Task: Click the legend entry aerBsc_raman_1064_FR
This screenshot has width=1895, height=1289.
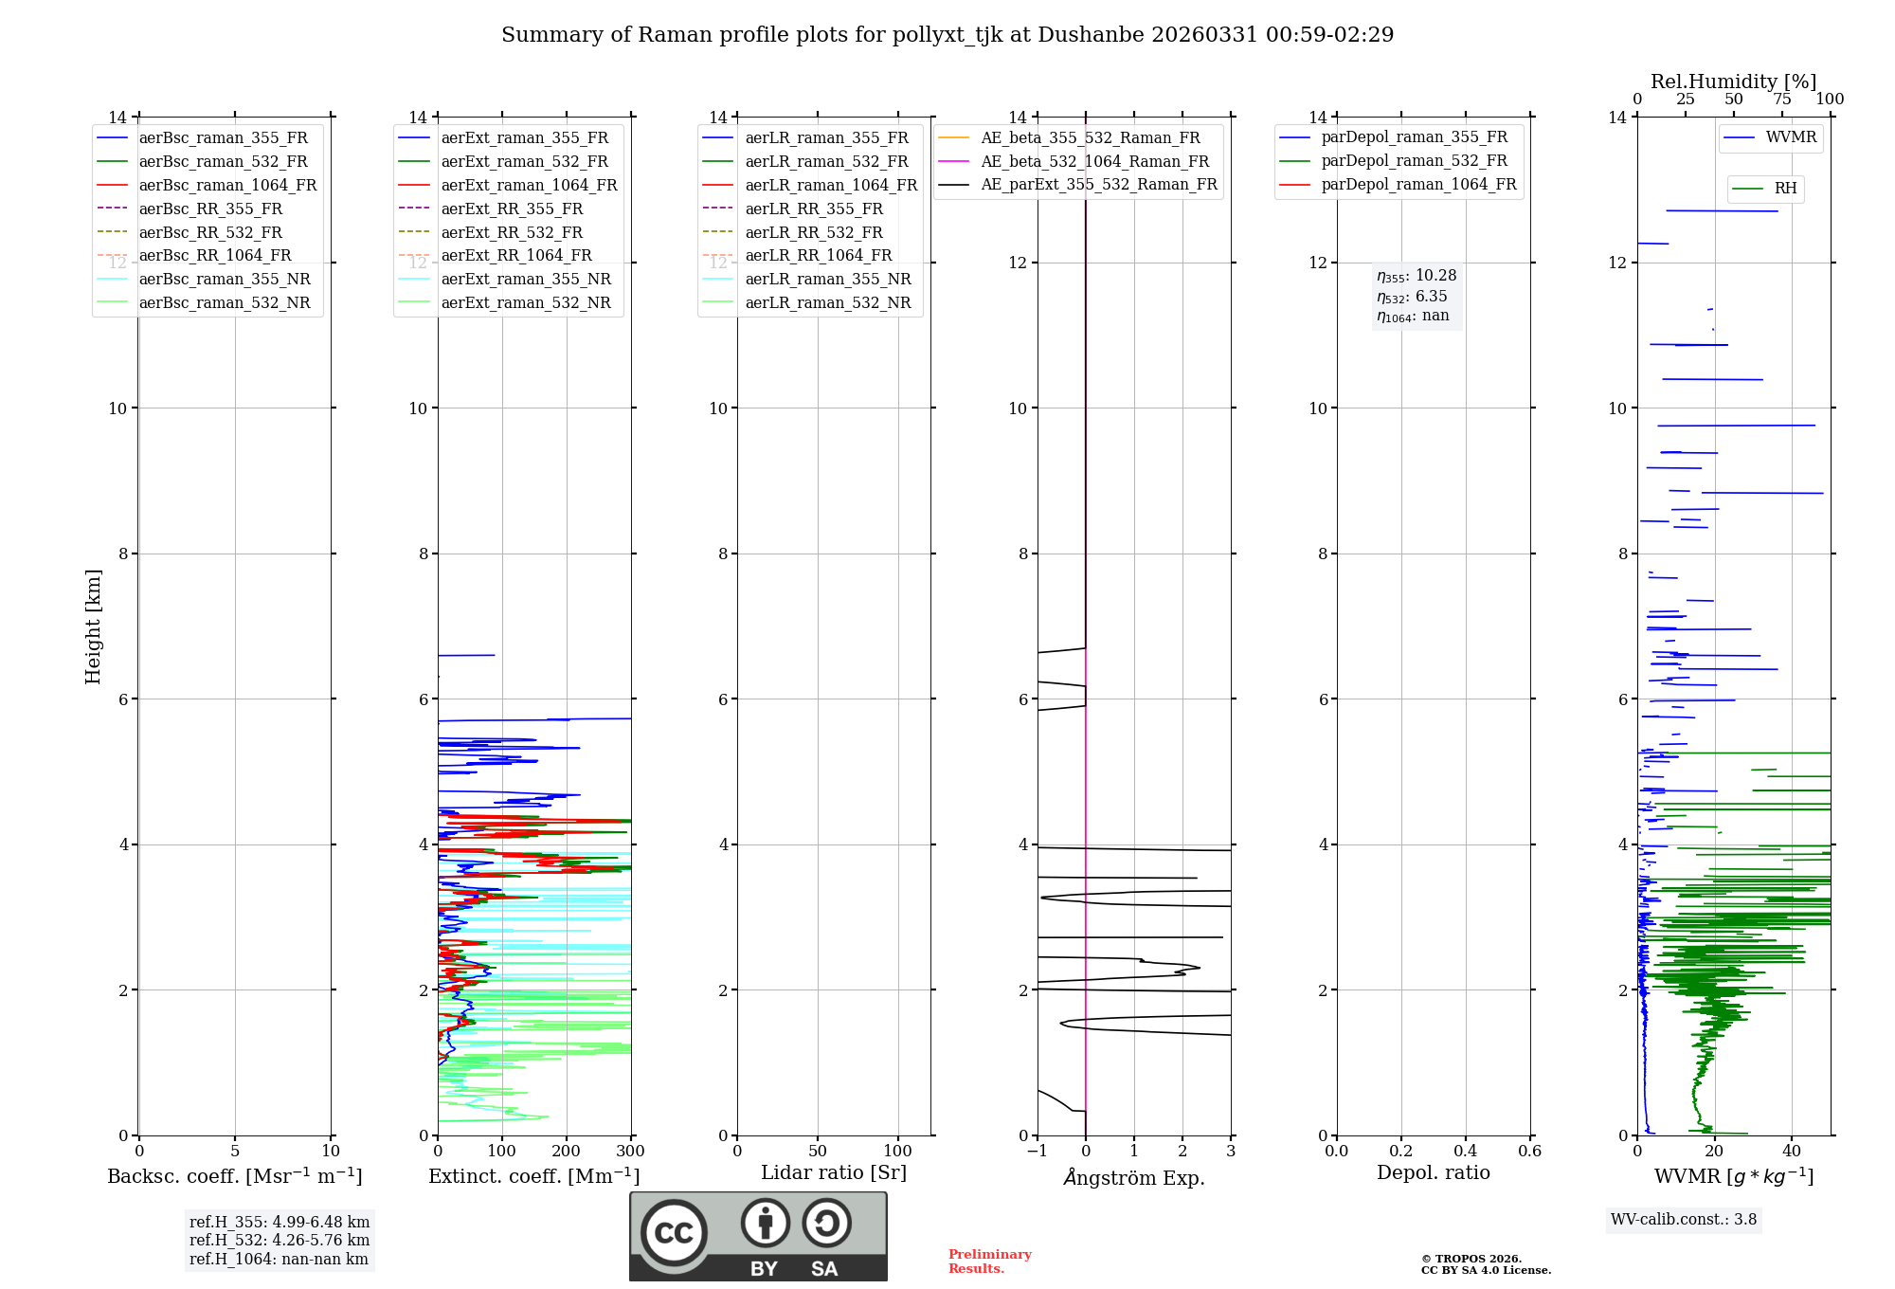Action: point(227,186)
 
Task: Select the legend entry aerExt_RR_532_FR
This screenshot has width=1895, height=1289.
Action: point(512,232)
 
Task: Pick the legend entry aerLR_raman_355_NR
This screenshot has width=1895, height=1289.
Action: point(827,279)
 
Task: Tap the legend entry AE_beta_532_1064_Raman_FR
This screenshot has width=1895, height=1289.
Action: point(1094,161)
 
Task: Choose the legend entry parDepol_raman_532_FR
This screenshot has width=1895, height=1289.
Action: point(1414,161)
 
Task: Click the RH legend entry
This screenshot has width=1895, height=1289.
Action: point(1785,189)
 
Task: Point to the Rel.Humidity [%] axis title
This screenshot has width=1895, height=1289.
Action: point(1733,82)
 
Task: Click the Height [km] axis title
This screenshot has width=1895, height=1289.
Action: point(93,626)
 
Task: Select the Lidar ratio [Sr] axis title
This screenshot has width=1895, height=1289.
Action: point(834,1172)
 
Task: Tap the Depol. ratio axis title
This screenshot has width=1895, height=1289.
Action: point(1433,1172)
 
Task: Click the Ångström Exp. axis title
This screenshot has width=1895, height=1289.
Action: point(1134,1177)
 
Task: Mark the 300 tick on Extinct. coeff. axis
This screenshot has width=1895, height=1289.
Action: point(630,1152)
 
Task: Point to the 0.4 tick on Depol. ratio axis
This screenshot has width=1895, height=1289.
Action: point(1465,1152)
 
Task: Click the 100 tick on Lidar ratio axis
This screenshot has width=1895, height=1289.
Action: point(898,1152)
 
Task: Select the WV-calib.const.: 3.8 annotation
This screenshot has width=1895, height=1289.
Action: point(1684,1220)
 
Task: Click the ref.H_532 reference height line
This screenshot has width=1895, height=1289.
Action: point(280,1240)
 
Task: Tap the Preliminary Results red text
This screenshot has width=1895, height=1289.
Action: point(989,1262)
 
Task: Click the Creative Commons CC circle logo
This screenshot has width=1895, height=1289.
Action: point(674,1233)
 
